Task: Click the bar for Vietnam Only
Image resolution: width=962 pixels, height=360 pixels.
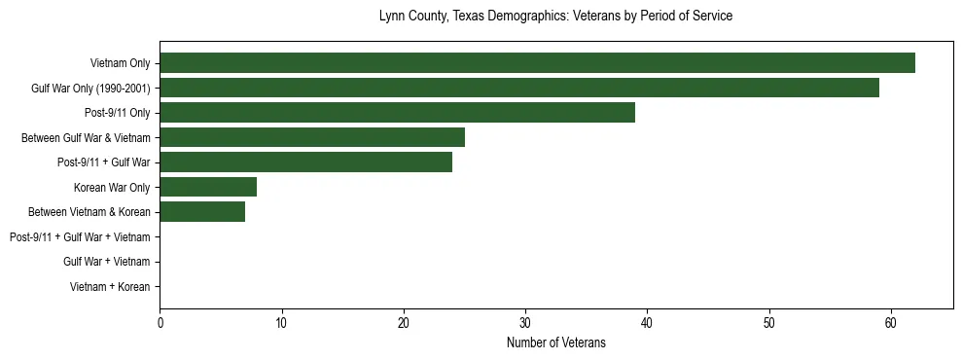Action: pos(537,63)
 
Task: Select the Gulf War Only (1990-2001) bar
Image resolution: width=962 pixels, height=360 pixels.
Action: pos(519,88)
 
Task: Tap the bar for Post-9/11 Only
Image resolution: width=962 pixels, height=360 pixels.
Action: pos(397,113)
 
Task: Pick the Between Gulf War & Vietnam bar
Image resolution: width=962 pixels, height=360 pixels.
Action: pos(312,137)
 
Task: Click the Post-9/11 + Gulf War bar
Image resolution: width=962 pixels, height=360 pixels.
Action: pos(305,162)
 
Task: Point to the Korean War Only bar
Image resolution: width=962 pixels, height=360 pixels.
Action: pos(208,187)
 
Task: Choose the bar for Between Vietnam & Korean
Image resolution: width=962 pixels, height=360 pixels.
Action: pos(202,211)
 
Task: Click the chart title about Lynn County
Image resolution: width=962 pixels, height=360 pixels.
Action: pos(555,17)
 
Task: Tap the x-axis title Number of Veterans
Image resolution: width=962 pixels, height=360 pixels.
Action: pos(555,342)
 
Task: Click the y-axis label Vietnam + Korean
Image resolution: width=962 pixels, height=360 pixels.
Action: pos(110,287)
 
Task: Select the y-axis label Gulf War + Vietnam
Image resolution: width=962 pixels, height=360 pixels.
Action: pos(107,262)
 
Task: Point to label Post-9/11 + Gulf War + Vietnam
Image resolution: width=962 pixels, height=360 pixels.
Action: pos(80,236)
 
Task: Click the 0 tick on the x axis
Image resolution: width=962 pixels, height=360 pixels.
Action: pos(160,323)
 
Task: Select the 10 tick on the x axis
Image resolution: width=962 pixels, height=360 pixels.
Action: pos(281,323)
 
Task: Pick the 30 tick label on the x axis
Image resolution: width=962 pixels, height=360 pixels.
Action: pos(525,323)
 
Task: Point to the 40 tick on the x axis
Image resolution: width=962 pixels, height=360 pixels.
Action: pos(647,323)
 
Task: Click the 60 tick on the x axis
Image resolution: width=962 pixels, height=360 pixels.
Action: pos(890,323)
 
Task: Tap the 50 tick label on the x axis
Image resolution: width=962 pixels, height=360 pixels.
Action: pos(768,323)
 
